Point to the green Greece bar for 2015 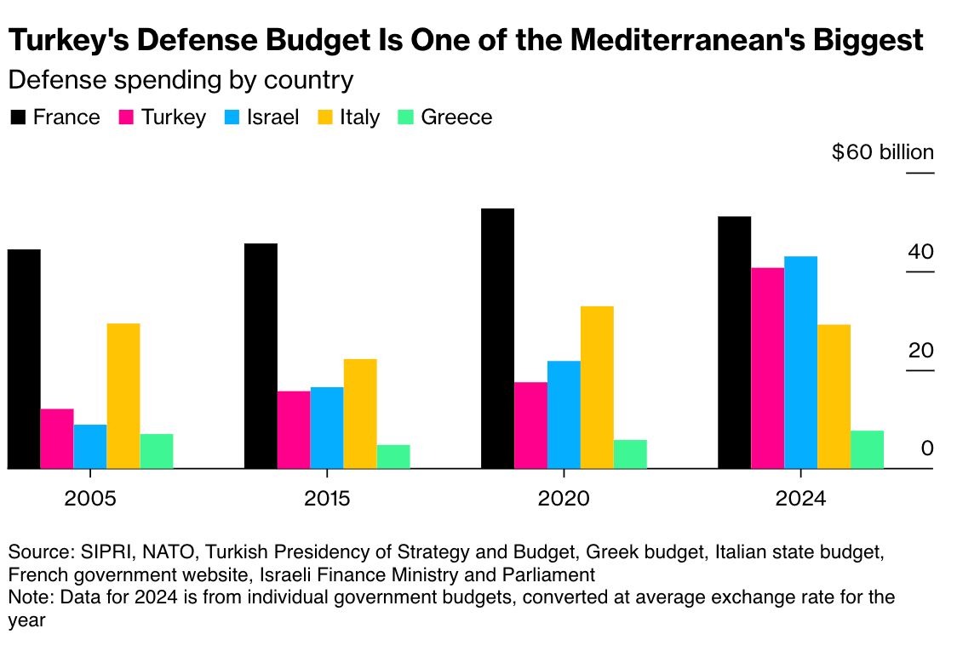pyautogui.click(x=393, y=456)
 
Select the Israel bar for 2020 pyautogui.click(x=564, y=414)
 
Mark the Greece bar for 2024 pyautogui.click(x=867, y=449)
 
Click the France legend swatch pyautogui.click(x=18, y=117)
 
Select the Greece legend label pyautogui.click(x=456, y=117)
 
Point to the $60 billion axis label pyautogui.click(x=883, y=153)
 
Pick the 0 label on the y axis pyautogui.click(x=927, y=448)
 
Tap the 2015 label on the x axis pyautogui.click(x=327, y=498)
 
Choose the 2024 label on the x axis pyautogui.click(x=800, y=498)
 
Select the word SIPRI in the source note pyautogui.click(x=104, y=551)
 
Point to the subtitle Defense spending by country pyautogui.click(x=180, y=81)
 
